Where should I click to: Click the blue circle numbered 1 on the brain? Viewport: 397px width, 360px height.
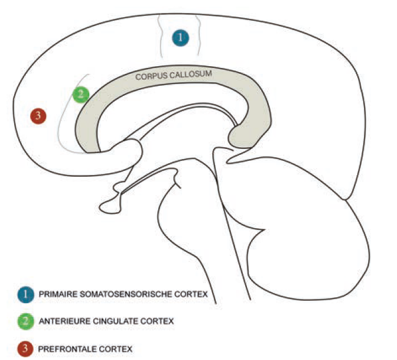(181, 38)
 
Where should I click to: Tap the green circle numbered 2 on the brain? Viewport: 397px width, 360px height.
(81, 94)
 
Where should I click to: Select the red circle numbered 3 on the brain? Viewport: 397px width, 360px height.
(38, 116)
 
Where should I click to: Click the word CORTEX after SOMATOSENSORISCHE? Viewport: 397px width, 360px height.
(193, 294)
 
